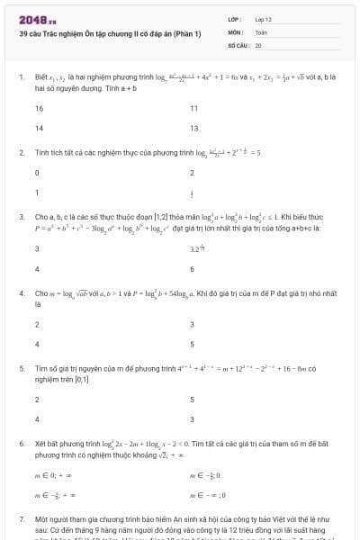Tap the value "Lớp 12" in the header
tap(263, 19)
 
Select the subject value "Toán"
tap(261, 31)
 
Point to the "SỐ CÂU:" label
tap(238, 44)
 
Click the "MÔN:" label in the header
tap(236, 31)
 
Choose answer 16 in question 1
tap(40, 108)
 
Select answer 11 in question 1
tap(194, 108)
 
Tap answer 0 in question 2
tap(38, 172)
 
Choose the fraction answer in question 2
tap(192, 192)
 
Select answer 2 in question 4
tap(38, 324)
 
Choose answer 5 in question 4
tap(193, 344)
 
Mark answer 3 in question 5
tap(193, 418)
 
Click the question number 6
tap(21, 444)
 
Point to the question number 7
tap(21, 519)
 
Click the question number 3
tap(21, 218)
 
